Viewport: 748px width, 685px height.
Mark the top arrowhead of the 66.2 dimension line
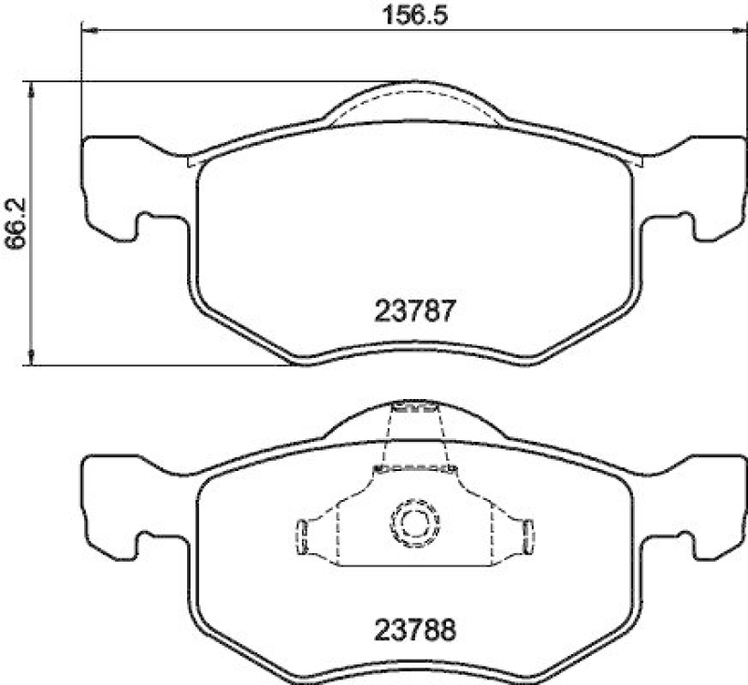click(x=34, y=88)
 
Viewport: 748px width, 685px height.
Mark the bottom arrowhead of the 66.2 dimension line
click(x=34, y=358)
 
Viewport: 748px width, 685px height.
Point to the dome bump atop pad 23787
click(x=413, y=103)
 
